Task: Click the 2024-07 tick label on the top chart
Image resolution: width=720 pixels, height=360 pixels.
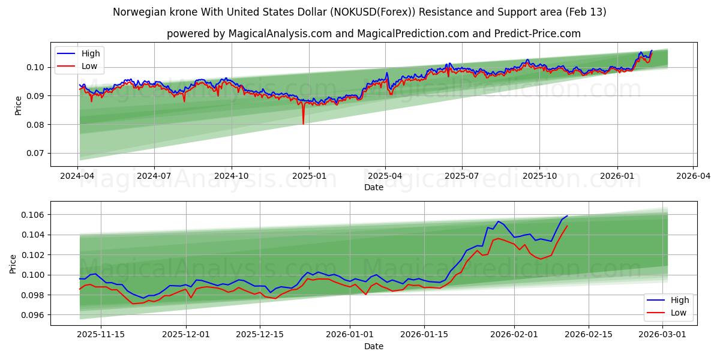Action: pyautogui.click(x=154, y=176)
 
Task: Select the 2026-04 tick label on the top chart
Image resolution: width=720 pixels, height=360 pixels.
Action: pyautogui.click(x=694, y=176)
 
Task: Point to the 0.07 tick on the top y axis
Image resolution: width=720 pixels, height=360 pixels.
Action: pyautogui.click(x=35, y=154)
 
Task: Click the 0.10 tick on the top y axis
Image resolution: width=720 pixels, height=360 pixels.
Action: pyautogui.click(x=35, y=67)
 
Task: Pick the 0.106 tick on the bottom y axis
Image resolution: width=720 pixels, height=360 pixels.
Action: pyautogui.click(x=33, y=215)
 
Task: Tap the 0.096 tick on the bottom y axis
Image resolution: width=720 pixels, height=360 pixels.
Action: pyautogui.click(x=33, y=315)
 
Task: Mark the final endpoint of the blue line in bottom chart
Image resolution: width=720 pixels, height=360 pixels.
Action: pyautogui.click(x=567, y=216)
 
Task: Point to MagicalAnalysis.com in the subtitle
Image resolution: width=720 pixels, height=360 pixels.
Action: pyautogui.click(x=280, y=34)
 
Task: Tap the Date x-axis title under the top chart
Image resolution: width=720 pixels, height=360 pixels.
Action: pyautogui.click(x=373, y=187)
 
